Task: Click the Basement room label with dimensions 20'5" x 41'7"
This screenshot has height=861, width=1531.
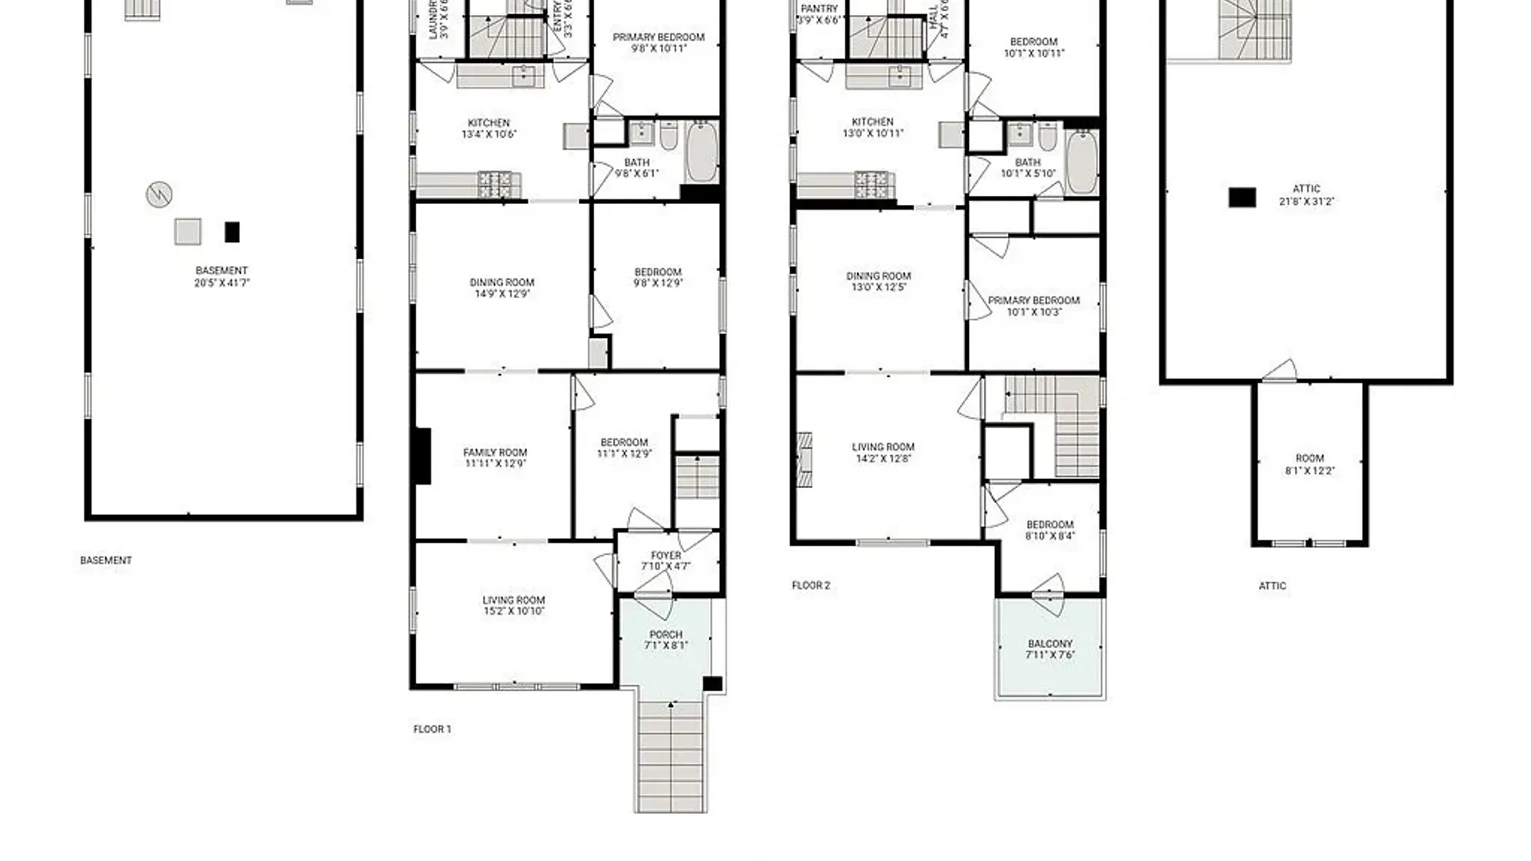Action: pyautogui.click(x=222, y=277)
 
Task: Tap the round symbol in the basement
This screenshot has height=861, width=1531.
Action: pyautogui.click(x=159, y=194)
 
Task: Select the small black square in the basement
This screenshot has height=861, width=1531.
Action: pyautogui.click(x=232, y=232)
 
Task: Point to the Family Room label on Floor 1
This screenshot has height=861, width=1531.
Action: pyautogui.click(x=495, y=458)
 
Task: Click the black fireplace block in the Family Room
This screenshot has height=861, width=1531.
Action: pyautogui.click(x=423, y=456)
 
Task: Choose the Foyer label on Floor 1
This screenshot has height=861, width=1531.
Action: pyautogui.click(x=666, y=560)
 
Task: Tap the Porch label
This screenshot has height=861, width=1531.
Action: pyautogui.click(x=666, y=639)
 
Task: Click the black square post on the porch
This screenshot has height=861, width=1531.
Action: pyautogui.click(x=712, y=683)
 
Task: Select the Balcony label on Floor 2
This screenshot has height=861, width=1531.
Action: pyautogui.click(x=1050, y=649)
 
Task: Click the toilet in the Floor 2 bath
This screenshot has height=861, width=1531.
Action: pyautogui.click(x=1047, y=138)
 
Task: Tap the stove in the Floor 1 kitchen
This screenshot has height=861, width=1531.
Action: pyautogui.click(x=494, y=184)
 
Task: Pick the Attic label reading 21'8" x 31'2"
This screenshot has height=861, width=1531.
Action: pyautogui.click(x=1306, y=195)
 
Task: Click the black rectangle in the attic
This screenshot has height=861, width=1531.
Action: pyautogui.click(x=1242, y=197)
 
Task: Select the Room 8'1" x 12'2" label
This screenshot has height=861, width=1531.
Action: pyautogui.click(x=1309, y=464)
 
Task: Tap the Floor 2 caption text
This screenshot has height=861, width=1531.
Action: pyautogui.click(x=811, y=585)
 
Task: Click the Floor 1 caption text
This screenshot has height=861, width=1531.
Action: pyautogui.click(x=432, y=729)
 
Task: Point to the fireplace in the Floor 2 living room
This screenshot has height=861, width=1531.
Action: pyautogui.click(x=805, y=459)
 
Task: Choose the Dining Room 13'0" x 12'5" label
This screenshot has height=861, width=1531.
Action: pyautogui.click(x=878, y=281)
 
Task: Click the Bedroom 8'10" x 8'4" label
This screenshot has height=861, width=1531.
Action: pyautogui.click(x=1049, y=530)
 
